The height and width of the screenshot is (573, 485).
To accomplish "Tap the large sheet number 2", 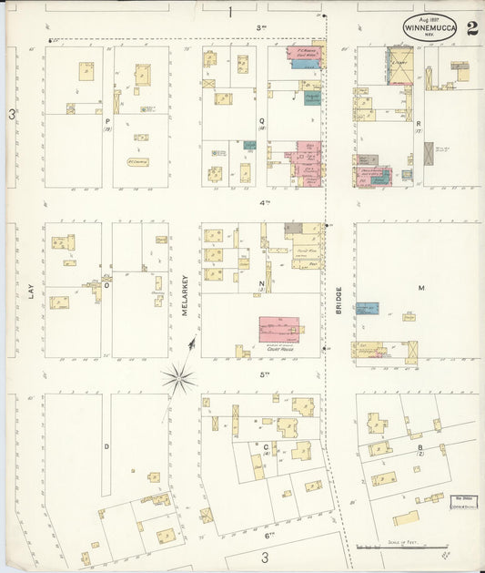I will (x=472, y=26).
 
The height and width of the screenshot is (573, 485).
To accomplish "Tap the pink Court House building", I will (x=278, y=329).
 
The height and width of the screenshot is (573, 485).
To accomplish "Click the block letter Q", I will (x=262, y=119).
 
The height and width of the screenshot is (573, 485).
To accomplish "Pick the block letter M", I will (x=421, y=288).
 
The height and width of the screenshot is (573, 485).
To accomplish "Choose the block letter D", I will (x=106, y=445).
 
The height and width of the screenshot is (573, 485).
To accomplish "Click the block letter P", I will (x=107, y=120).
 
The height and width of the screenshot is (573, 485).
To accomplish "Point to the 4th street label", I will (x=266, y=202).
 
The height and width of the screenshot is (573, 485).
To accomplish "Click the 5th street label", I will (x=266, y=373).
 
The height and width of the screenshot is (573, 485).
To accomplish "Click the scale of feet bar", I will (x=389, y=547).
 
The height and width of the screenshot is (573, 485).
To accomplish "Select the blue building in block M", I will (x=367, y=309).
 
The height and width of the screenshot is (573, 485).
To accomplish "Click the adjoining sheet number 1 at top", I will (x=231, y=12).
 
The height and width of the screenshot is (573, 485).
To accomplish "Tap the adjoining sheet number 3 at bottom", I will (x=265, y=557).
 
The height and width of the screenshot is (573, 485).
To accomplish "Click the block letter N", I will (x=261, y=283).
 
